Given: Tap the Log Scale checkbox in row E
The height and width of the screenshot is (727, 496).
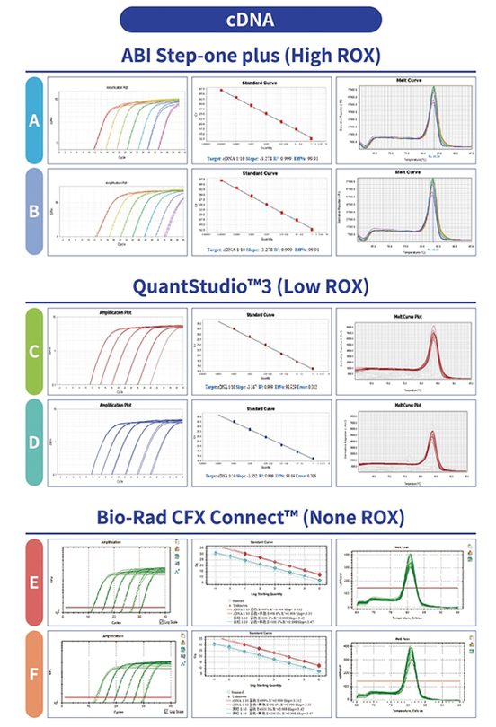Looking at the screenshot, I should (158, 621).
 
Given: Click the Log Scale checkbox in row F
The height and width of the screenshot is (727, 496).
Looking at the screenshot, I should (158, 712).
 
